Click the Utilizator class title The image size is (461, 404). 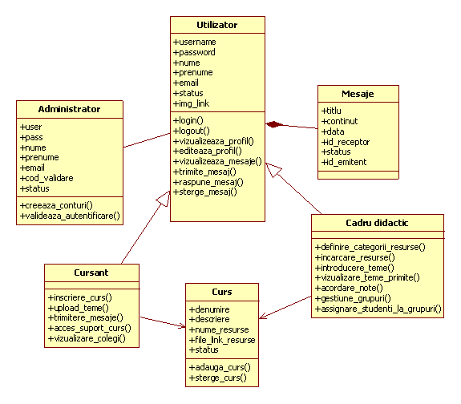[217, 25]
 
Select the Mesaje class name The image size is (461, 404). [358, 94]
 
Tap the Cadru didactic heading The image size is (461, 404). [377, 223]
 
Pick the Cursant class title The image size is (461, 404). [91, 273]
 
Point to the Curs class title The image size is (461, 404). [222, 292]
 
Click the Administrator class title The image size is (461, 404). [70, 109]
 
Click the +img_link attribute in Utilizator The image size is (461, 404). [192, 103]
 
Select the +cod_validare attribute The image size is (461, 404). [47, 178]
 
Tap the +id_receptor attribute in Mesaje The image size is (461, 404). [346, 142]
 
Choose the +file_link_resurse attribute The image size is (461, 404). [222, 340]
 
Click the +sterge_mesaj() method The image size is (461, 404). [205, 192]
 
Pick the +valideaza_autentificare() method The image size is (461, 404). [70, 216]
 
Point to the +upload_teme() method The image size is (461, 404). [79, 308]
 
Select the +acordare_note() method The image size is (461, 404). [349, 288]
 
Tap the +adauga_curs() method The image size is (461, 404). [220, 367]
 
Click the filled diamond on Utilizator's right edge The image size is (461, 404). [274, 124]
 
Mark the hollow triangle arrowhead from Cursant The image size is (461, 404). [164, 199]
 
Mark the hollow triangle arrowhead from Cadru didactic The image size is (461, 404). [273, 170]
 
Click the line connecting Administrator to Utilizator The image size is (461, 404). [147, 140]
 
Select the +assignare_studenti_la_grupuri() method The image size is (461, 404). [378, 309]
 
